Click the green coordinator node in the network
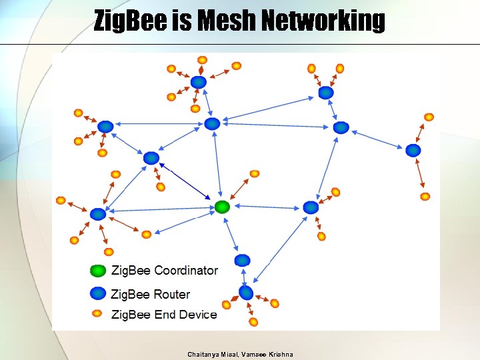point(222,207)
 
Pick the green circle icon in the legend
point(98,271)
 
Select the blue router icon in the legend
point(98,293)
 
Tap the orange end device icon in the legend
point(97,313)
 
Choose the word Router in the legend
point(171,294)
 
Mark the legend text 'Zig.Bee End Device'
point(164,315)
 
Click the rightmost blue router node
point(413,151)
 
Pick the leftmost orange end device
point(61,200)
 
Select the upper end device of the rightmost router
point(429,117)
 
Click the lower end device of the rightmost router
point(425,197)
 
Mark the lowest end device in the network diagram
point(253,322)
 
